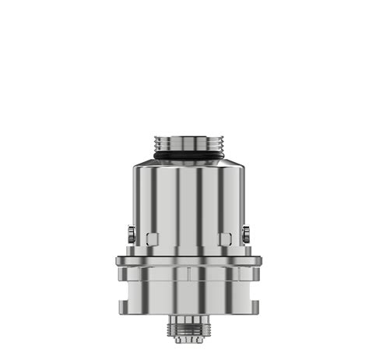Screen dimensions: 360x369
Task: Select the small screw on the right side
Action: tap(245, 233)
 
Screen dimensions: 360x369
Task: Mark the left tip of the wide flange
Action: tap(116, 262)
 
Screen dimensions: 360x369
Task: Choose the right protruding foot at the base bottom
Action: tap(247, 299)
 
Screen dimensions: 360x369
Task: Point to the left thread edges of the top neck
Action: tap(157, 145)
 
